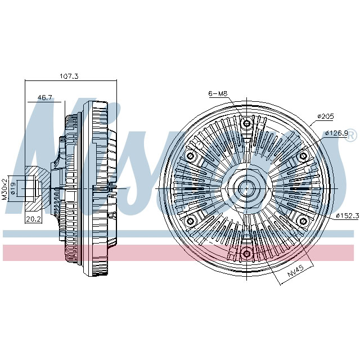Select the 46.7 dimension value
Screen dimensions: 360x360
point(45,97)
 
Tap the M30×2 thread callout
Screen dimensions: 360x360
point(4,188)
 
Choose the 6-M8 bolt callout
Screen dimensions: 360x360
point(217,93)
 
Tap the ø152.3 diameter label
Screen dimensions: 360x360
point(348,215)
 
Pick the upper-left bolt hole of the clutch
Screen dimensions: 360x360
point(190,155)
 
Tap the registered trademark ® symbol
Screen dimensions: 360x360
point(350,136)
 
